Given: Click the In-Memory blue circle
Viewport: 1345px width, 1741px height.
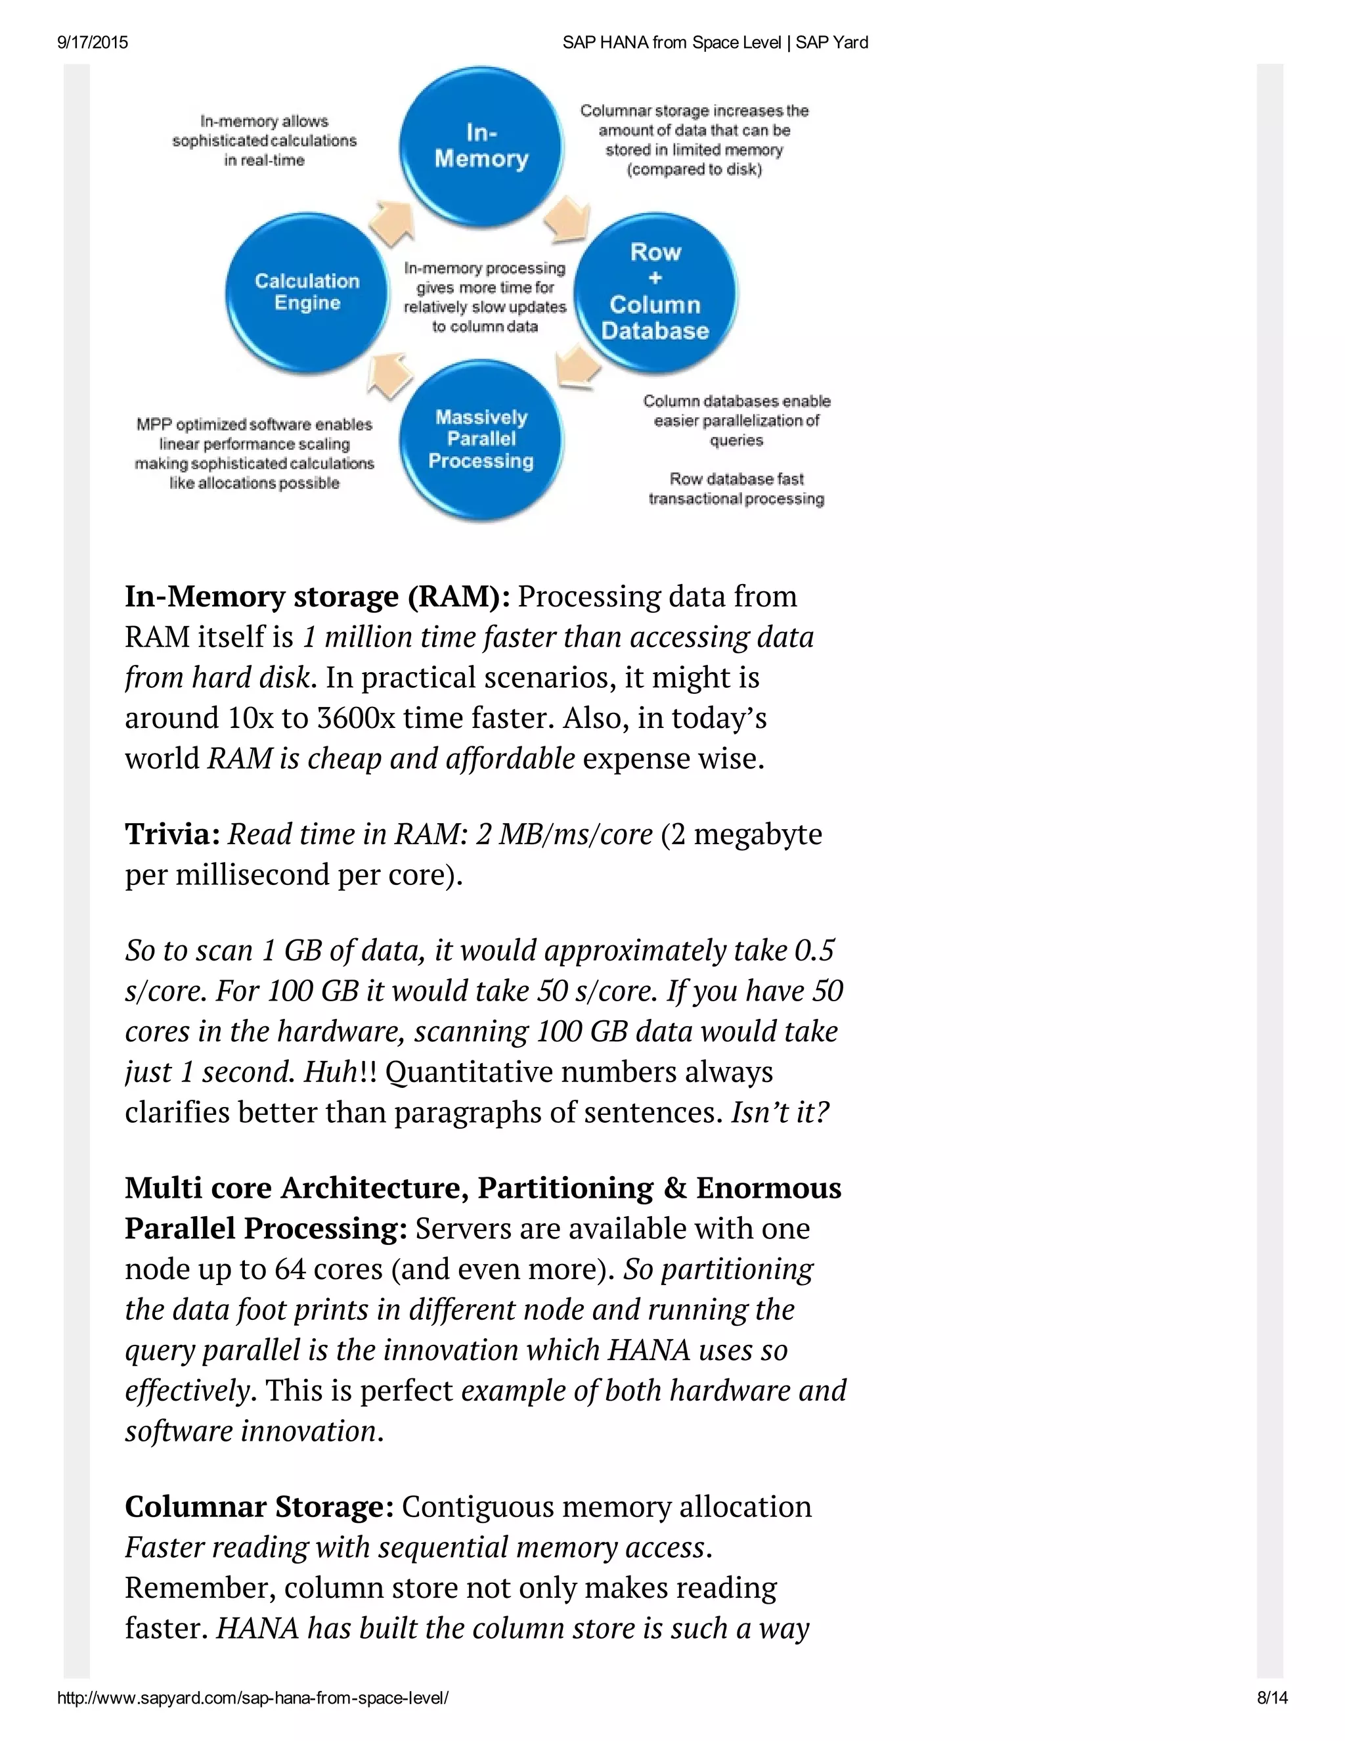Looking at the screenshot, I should (x=481, y=147).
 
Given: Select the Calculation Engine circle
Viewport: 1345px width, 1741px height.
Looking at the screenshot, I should (x=307, y=292).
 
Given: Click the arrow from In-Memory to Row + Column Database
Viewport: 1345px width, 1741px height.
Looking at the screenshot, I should (x=568, y=217).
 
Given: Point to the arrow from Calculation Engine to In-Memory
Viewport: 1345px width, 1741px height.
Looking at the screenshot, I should (x=392, y=221).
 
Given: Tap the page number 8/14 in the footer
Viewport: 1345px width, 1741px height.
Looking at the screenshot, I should (x=1271, y=1698).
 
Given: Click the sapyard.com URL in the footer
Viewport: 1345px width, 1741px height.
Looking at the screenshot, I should (x=253, y=1698).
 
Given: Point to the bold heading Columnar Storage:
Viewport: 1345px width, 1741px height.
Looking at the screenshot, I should (x=259, y=1506).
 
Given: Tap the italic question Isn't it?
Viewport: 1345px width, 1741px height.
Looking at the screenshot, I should (x=780, y=1112).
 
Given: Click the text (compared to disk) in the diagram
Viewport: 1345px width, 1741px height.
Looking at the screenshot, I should (x=694, y=170).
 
